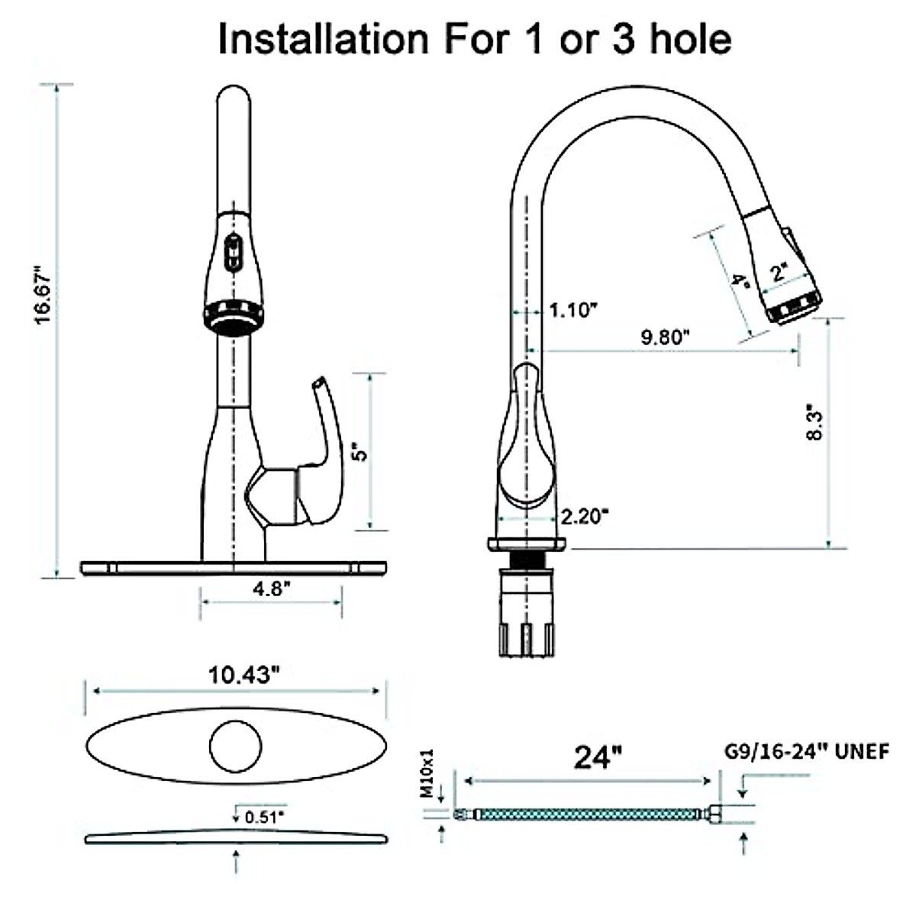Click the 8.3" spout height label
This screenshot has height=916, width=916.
(814, 422)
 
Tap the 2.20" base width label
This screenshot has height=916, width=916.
(585, 517)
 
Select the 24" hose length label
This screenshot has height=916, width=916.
(596, 758)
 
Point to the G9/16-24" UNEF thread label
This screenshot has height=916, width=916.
(806, 751)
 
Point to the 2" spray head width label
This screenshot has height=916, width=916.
(779, 271)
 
